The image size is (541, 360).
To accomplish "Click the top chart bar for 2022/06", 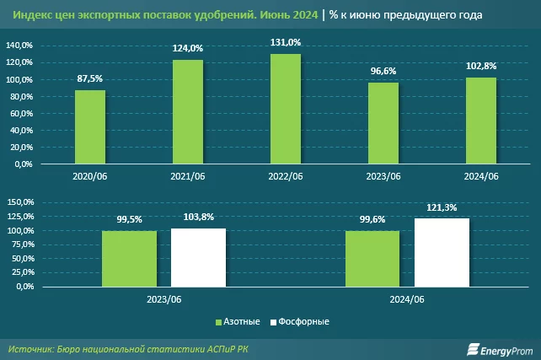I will click(285, 110).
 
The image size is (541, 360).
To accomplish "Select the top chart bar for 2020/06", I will click(89, 127).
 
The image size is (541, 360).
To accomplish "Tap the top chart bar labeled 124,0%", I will click(187, 112).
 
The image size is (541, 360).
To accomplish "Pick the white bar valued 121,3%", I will click(442, 252).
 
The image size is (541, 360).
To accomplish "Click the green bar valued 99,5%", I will click(129, 258).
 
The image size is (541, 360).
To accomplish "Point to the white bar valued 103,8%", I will click(198, 257).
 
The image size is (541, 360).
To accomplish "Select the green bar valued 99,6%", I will click(372, 258).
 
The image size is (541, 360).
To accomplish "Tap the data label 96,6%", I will click(383, 71).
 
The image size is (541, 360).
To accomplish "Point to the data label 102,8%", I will click(480, 67).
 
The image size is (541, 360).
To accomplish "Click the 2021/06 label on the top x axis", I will click(187, 176).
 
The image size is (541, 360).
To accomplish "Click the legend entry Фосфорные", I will click(298, 322).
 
